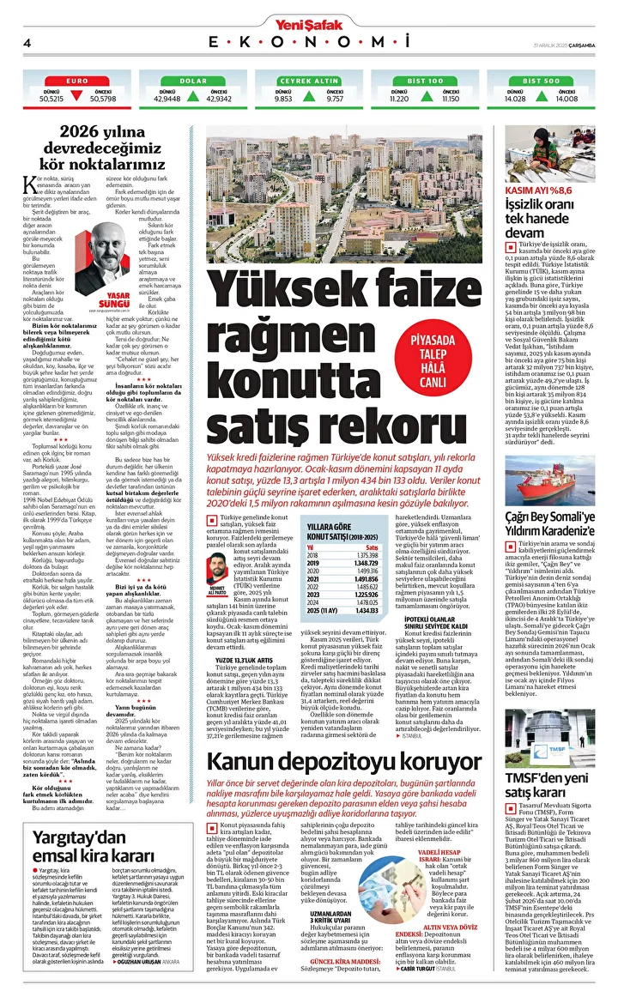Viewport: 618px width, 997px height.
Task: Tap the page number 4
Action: pyautogui.click(x=27, y=43)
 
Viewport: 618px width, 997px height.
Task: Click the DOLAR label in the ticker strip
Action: pyautogui.click(x=193, y=80)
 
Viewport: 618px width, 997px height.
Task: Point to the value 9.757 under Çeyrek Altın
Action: pyautogui.click(x=335, y=99)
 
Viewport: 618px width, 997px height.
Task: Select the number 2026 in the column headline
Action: pyautogui.click(x=88, y=132)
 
